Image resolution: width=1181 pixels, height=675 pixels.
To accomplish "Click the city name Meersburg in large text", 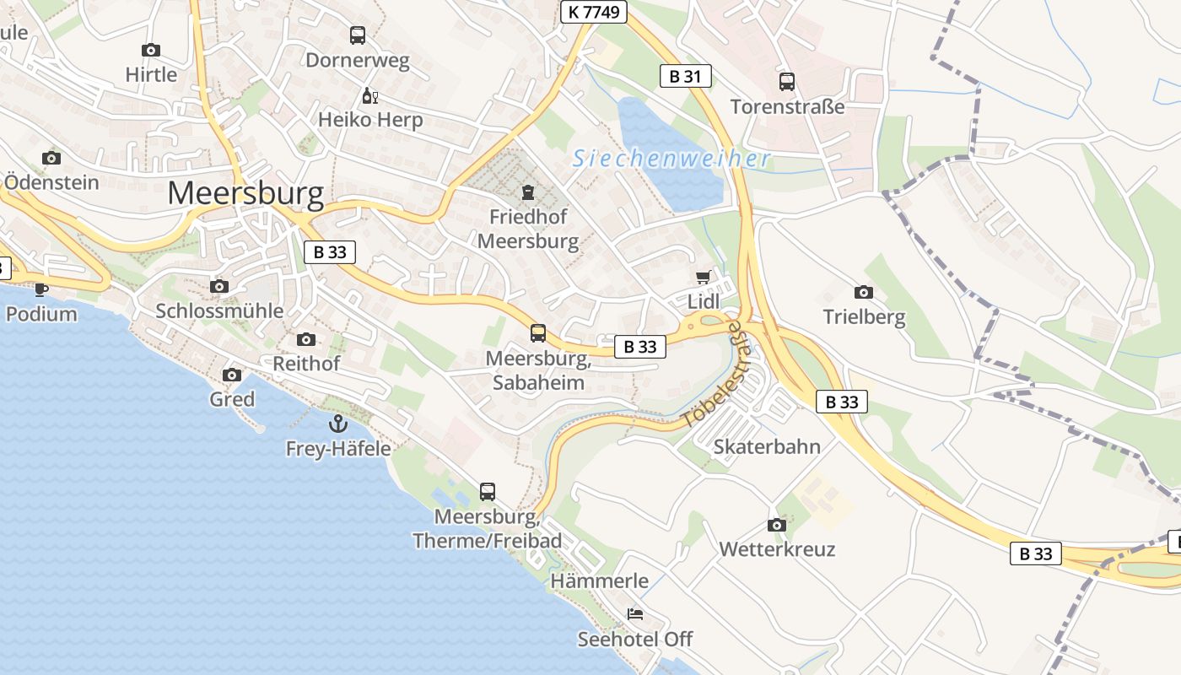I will click(x=245, y=194).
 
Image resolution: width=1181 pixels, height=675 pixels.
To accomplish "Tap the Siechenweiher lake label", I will click(x=671, y=159).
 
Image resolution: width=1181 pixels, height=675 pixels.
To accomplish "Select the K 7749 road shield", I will click(x=594, y=12).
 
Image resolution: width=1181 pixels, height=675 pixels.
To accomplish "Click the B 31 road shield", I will click(x=685, y=77).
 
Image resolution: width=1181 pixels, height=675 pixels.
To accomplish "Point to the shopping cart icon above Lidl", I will click(x=703, y=278).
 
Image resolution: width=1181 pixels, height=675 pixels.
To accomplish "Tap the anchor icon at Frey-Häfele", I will click(x=338, y=424).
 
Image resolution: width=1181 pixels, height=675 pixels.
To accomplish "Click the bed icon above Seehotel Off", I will click(x=635, y=614).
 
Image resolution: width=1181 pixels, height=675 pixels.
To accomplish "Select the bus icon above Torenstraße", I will click(x=787, y=82).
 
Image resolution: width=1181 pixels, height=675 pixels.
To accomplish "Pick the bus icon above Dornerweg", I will click(x=358, y=35).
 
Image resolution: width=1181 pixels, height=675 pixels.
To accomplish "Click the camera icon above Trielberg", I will click(x=864, y=293).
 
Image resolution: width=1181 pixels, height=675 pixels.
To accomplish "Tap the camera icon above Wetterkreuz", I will click(x=777, y=525).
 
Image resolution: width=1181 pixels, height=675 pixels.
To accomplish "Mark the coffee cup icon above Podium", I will click(x=40, y=289).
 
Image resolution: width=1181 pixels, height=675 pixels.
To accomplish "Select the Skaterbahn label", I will click(x=767, y=446).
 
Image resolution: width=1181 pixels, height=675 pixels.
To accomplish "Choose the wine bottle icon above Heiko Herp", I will click(x=369, y=95).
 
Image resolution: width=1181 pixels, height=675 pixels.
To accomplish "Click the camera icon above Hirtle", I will click(x=151, y=51).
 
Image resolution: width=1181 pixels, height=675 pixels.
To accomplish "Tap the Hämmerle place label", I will click(x=600, y=580).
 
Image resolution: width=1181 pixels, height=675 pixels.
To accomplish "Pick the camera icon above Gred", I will click(x=232, y=375).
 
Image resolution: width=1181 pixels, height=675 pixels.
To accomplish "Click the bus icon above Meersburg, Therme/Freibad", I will click(x=488, y=491).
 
